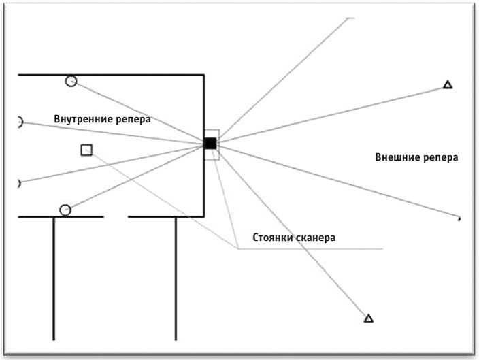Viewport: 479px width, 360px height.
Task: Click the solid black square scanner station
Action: click(x=210, y=144)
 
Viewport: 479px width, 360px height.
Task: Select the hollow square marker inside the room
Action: click(x=86, y=150)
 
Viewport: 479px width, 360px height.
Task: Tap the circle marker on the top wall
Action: click(x=71, y=81)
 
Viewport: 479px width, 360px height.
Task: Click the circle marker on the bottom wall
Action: click(x=65, y=210)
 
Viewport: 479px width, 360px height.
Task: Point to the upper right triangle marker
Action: click(x=448, y=85)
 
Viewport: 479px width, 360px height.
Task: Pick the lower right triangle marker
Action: click(x=369, y=318)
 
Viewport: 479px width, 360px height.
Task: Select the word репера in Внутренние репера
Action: click(x=132, y=120)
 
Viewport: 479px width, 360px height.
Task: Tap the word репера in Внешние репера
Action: click(x=440, y=158)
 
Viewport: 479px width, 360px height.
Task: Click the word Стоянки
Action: click(x=273, y=238)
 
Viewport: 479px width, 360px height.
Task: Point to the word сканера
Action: click(x=316, y=238)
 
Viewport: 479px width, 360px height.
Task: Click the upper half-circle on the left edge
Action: click(x=18, y=122)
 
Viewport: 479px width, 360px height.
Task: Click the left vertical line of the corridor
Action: click(x=54, y=279)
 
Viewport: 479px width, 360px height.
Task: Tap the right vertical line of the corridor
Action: click(x=176, y=279)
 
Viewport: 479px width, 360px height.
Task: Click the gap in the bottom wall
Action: click(x=116, y=216)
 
